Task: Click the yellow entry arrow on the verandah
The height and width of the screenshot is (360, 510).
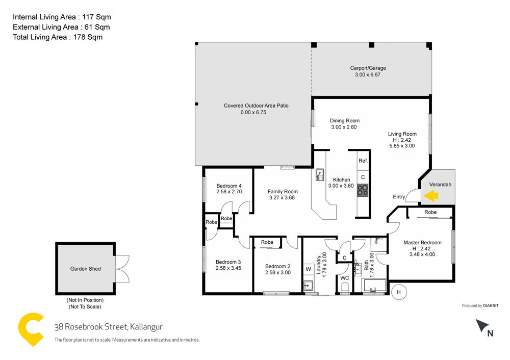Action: (x=431, y=195)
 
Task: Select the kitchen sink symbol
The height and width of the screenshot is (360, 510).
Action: (x=320, y=175)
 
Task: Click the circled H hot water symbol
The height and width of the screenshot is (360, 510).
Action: (x=399, y=292)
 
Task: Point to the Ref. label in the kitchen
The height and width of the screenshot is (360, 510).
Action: (x=363, y=161)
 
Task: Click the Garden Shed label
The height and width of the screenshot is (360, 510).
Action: (x=85, y=269)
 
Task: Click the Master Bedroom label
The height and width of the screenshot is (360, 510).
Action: (x=422, y=243)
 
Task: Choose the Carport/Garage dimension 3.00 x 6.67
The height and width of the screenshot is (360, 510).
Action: (x=368, y=74)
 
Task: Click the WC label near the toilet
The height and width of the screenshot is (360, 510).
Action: (x=345, y=278)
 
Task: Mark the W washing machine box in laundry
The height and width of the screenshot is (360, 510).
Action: (x=308, y=269)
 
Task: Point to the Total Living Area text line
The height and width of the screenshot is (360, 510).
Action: (x=58, y=37)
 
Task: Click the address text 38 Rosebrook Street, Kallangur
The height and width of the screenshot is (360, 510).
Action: (x=108, y=327)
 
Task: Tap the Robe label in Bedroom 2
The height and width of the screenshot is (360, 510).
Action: (x=267, y=242)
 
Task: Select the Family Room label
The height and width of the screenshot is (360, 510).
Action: (x=282, y=192)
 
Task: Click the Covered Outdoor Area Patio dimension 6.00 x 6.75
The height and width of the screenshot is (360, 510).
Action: (x=253, y=112)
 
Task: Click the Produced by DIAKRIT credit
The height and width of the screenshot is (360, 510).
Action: (x=480, y=305)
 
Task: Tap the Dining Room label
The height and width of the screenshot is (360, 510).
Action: (x=344, y=121)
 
